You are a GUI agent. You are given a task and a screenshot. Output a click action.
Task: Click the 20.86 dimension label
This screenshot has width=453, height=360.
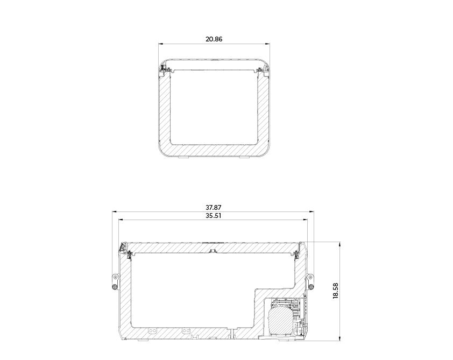point(214,39)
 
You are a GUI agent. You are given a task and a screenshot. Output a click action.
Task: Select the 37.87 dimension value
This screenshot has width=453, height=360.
point(214,208)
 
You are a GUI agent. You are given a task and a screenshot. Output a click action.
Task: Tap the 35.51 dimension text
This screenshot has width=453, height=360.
point(214,216)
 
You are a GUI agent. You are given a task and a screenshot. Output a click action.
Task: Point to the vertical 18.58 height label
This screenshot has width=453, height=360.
point(335,291)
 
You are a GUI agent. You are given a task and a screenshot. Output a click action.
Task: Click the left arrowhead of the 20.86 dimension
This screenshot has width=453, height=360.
point(161,44)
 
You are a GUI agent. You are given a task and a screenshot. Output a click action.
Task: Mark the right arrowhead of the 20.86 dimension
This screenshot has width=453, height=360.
point(267,44)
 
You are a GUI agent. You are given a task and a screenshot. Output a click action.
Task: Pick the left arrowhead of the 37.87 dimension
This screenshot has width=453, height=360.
point(115,212)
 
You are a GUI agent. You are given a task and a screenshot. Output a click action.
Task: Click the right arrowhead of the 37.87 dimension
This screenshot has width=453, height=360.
point(312,212)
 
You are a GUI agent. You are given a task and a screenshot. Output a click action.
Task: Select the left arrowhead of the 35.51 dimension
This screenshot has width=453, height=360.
point(122,220)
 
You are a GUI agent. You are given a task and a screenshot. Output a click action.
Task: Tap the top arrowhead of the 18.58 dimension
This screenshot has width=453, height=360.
point(340,244)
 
